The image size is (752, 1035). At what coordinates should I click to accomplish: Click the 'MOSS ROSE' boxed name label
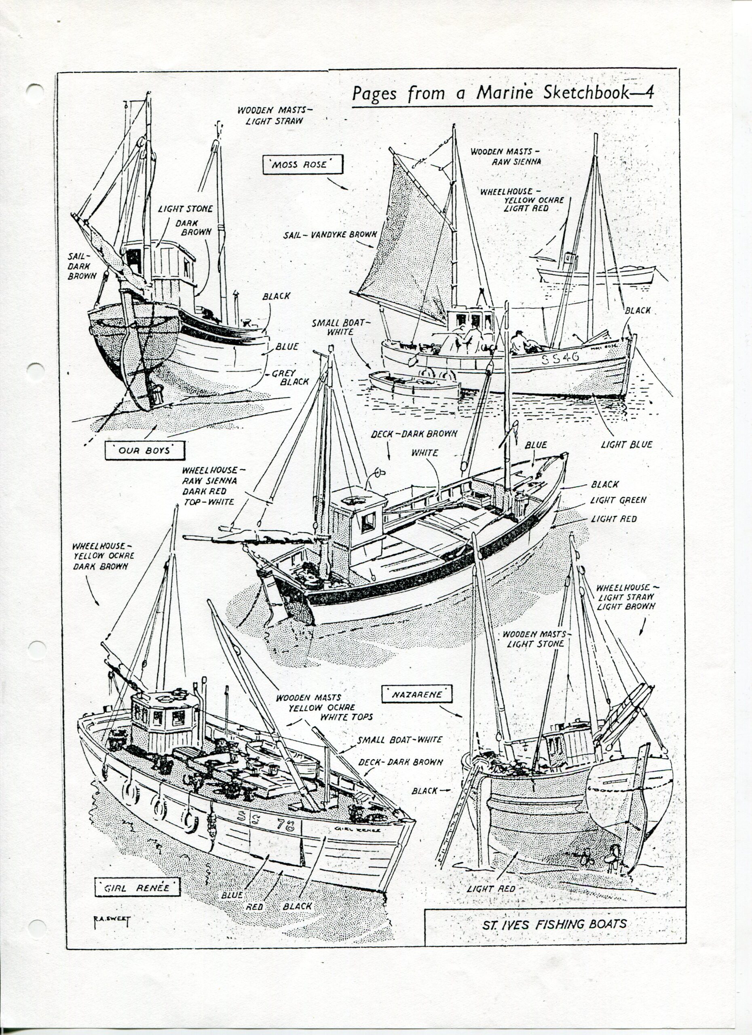pos(302,164)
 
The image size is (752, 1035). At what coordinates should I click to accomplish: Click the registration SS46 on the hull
pos(560,357)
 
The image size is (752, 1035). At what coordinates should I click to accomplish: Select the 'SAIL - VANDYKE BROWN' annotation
pos(330,234)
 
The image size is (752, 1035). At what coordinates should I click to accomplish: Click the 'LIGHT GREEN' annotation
pos(618,500)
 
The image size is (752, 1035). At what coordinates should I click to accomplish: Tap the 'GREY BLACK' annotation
pos(290,377)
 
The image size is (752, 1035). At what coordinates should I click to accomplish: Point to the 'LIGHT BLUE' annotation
pos(627,444)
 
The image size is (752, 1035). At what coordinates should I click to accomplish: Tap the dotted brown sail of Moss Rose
pos(406,247)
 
